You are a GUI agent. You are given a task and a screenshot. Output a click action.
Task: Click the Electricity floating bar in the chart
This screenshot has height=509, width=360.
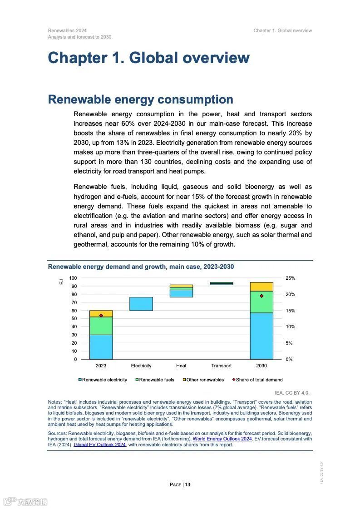141,304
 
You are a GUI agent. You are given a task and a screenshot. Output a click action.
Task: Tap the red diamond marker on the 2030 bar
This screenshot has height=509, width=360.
261,296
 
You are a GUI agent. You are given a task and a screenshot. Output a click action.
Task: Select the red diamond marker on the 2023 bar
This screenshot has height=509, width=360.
101,316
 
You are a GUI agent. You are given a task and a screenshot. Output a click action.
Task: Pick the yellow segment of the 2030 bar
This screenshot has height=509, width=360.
261,287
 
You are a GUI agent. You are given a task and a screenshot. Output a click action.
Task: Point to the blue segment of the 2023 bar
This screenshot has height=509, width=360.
101,347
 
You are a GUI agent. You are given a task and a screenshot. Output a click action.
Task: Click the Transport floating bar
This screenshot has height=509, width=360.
221,283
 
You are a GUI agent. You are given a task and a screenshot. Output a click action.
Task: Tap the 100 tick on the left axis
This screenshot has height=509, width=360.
73,278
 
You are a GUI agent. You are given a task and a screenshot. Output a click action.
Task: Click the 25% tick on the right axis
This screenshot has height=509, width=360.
290,278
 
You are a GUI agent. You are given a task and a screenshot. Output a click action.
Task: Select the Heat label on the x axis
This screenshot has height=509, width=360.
181,366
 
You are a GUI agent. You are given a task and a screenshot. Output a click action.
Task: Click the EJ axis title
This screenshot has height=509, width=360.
61,282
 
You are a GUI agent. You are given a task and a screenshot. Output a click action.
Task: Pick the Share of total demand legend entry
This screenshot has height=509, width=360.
257,380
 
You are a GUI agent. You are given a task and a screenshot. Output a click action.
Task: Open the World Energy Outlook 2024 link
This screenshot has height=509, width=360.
222,439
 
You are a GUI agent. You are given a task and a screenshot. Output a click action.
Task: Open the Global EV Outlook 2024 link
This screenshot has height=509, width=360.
99,445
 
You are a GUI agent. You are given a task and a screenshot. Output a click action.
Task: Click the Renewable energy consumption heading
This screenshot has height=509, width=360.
141,99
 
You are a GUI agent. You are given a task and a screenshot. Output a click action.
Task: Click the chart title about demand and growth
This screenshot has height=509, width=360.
141,267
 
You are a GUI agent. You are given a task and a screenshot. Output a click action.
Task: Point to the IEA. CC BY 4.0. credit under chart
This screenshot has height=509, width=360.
292,393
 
